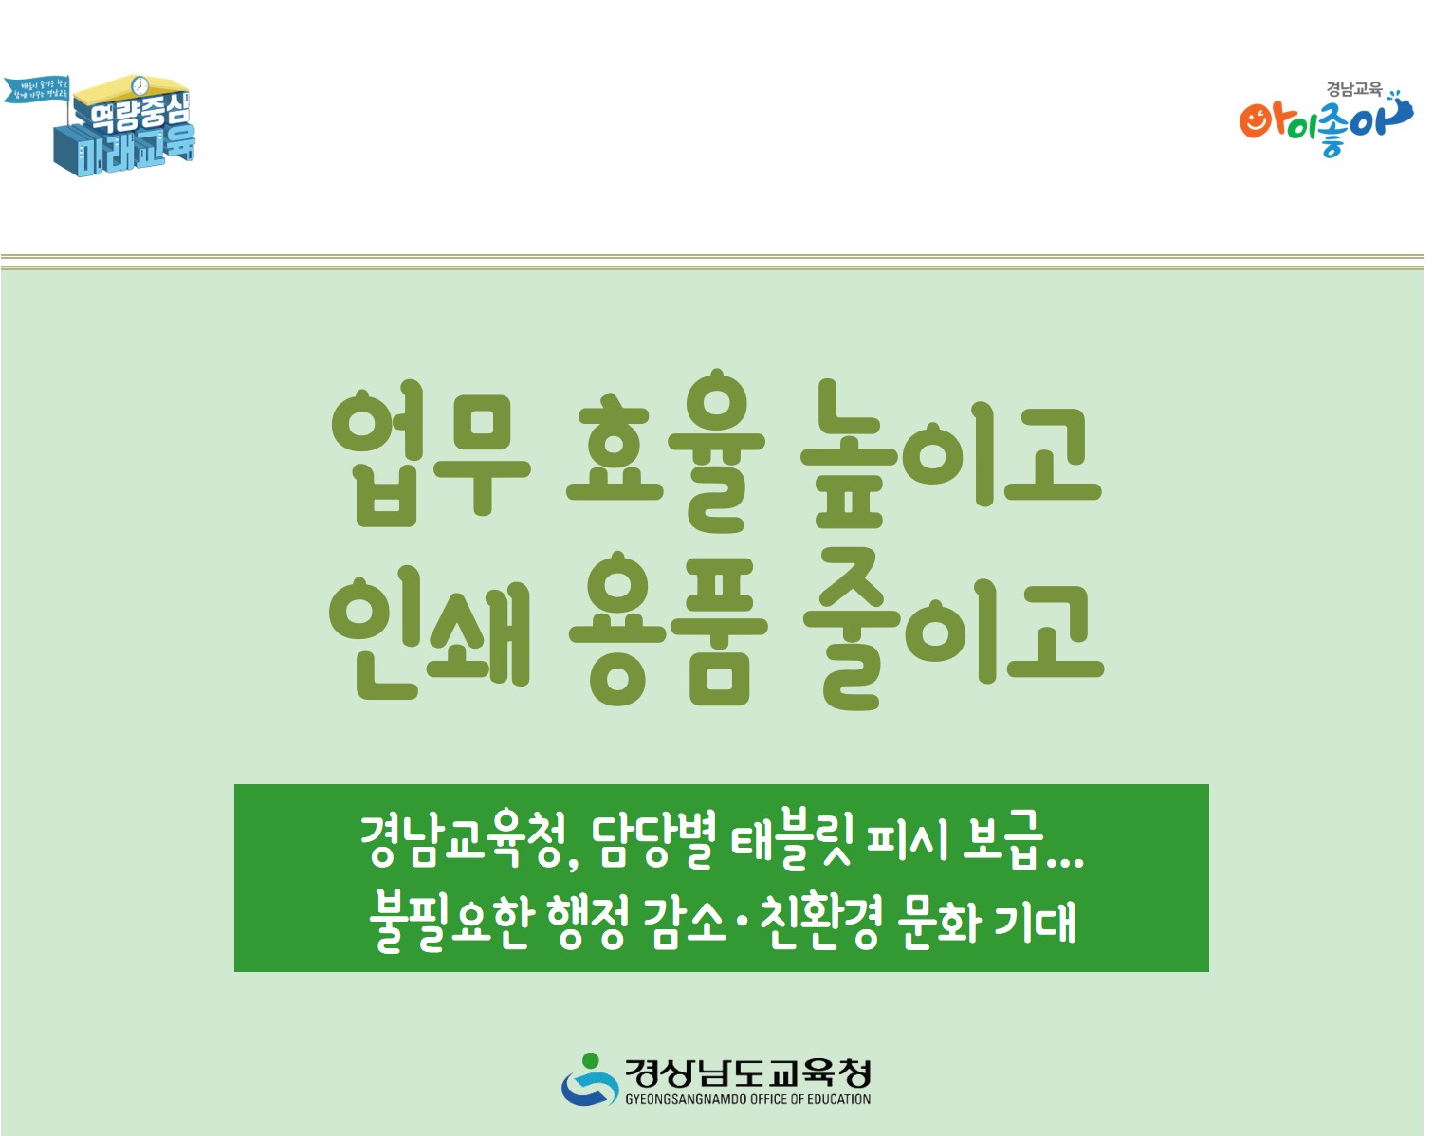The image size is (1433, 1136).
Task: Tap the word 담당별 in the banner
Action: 652,840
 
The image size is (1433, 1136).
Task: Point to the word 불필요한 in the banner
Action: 451,921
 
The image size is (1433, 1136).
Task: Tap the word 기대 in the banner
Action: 1036,921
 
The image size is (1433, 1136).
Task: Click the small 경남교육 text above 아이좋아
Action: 1353,89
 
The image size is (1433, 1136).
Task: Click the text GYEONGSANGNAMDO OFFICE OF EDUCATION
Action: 747,1099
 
